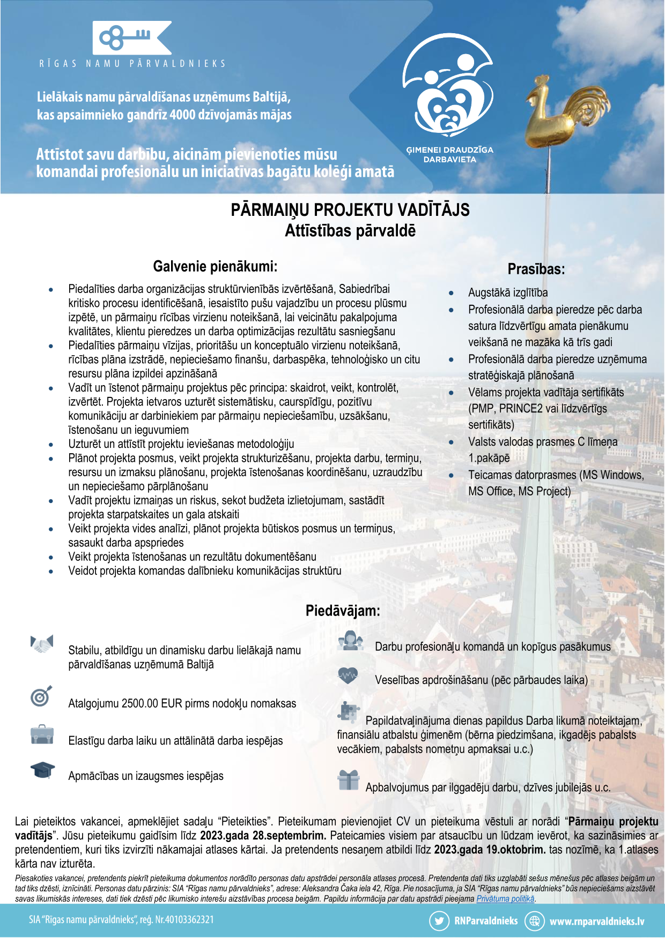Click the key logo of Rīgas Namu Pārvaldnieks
pos(132,37)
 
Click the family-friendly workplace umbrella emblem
pos(448,85)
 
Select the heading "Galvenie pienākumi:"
pos(215,266)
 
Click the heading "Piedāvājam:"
pos(343,611)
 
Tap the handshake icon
pos(42,644)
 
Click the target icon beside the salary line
pos(41,696)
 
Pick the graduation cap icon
pos(42,770)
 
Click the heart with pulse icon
pos(349,675)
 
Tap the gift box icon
pos(349,780)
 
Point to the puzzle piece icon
pos(349,711)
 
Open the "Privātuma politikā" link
pos(505,899)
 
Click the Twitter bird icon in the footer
pos(439,921)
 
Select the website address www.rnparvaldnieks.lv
pos(596,921)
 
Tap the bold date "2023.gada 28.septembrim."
pos(263,836)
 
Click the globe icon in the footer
pos(534,921)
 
